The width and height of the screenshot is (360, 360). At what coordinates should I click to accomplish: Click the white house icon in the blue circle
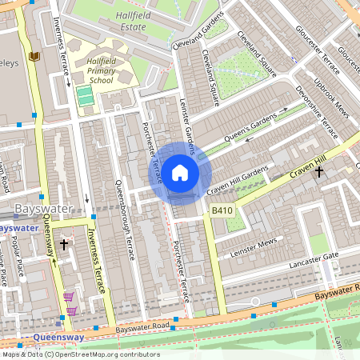tap(180, 172)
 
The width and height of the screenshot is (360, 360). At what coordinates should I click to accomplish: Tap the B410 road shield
tap(222, 210)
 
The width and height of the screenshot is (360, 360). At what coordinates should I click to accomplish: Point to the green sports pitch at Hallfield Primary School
tap(85, 97)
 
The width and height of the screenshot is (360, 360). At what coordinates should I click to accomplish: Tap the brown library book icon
tap(34, 56)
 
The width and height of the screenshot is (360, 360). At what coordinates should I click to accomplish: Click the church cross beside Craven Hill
tap(318, 171)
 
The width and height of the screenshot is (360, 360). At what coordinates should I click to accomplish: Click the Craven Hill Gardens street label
tap(237, 182)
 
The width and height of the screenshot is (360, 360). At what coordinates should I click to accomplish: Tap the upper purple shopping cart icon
tap(67, 297)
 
